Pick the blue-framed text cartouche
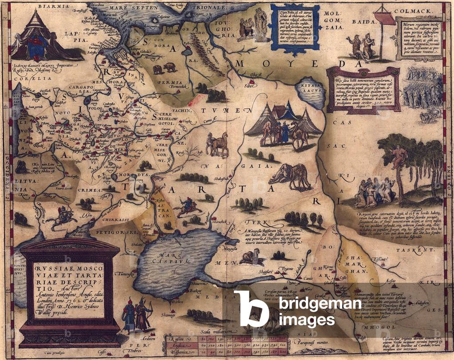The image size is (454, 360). tap(293, 28)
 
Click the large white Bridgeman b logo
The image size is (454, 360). tap(251, 309)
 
